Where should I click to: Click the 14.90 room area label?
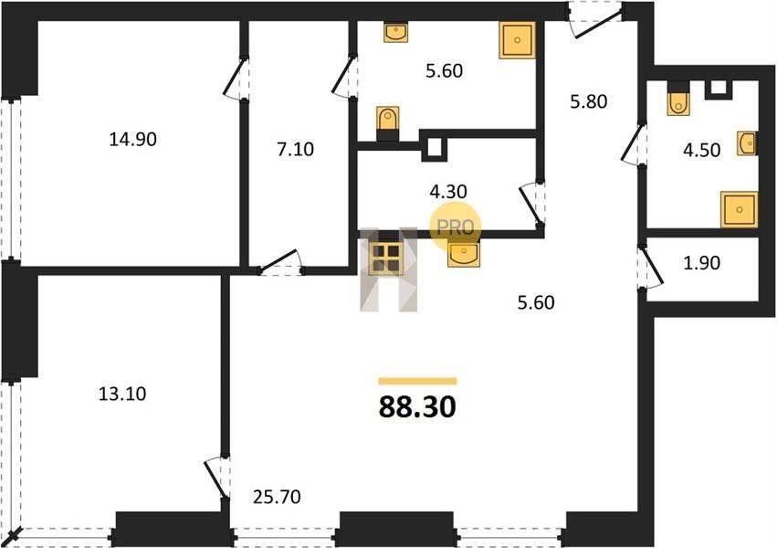(x=132, y=139)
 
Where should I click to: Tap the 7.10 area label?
(x=295, y=149)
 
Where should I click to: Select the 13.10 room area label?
(x=122, y=394)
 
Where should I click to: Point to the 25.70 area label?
(x=277, y=497)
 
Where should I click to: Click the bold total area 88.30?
(x=417, y=406)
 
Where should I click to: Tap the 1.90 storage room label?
(x=702, y=263)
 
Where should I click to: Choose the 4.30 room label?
(x=448, y=191)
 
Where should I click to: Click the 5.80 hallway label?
(x=589, y=101)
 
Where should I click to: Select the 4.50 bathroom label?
(x=702, y=150)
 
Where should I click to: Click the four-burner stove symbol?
(x=386, y=258)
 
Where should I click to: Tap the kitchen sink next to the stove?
(x=464, y=254)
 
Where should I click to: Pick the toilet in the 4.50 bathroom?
(x=677, y=99)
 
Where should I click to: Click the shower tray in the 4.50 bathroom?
(x=739, y=209)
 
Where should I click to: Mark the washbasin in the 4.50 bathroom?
(x=747, y=143)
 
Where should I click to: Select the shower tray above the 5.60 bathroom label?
(x=518, y=40)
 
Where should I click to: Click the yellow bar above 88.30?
(x=417, y=381)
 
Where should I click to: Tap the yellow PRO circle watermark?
(x=455, y=227)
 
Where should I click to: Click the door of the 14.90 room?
(x=235, y=79)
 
